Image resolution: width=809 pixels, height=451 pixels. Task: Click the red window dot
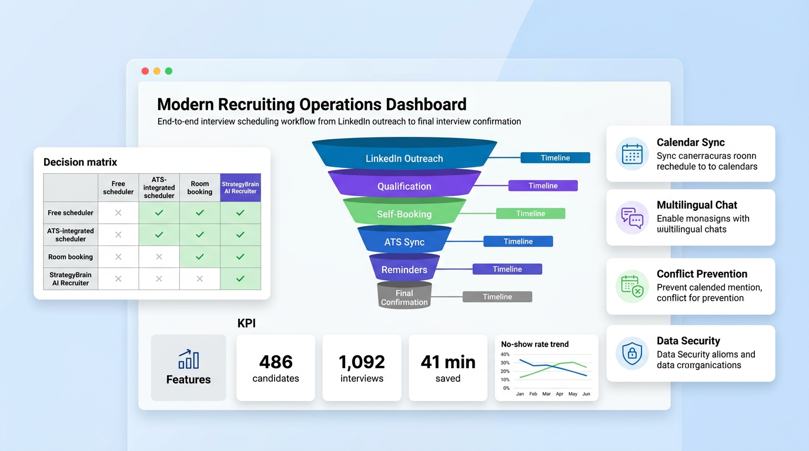[145, 71]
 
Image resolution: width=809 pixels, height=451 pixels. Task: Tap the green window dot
[169, 71]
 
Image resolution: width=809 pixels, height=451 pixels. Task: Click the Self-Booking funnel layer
[404, 214]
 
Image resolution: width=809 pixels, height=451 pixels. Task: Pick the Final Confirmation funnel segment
[404, 297]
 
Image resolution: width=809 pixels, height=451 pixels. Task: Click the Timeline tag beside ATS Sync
[518, 241]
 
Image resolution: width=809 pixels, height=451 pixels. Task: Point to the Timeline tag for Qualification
[543, 186]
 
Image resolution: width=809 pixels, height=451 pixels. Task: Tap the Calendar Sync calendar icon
[632, 154]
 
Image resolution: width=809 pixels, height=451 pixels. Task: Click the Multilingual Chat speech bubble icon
[632, 217]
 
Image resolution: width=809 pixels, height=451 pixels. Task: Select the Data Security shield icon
[632, 354]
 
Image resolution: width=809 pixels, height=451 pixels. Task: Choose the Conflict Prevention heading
[702, 274]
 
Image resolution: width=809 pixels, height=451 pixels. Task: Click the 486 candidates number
[276, 362]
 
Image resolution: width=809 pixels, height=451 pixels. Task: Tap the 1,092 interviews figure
[362, 362]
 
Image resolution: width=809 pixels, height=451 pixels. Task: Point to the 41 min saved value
[448, 362]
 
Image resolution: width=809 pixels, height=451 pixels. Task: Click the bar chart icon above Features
[188, 359]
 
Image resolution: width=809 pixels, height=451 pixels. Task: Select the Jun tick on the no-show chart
[586, 393]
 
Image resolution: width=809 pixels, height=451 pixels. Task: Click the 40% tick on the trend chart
[506, 355]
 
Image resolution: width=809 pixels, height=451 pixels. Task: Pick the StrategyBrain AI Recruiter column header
[240, 187]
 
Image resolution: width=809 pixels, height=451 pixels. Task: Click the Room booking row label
[71, 257]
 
